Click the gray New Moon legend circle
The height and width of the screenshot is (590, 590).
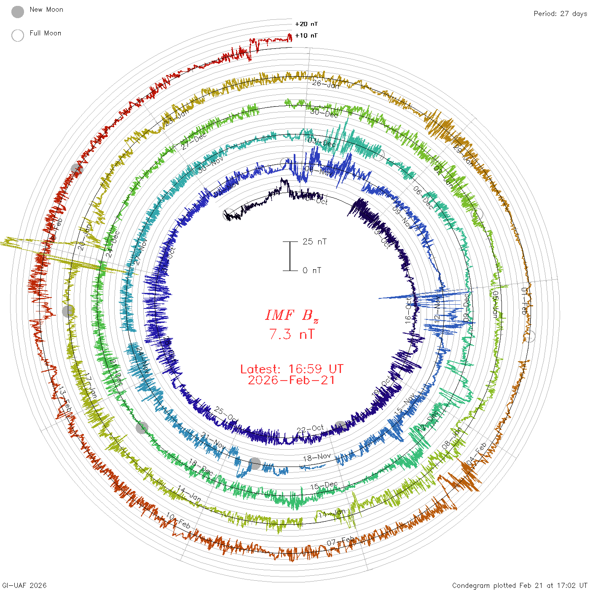pyautogui.click(x=18, y=12)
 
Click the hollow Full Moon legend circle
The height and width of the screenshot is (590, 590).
pyautogui.click(x=18, y=35)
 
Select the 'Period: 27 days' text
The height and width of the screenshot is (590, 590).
pyautogui.click(x=560, y=14)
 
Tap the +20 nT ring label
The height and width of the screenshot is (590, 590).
pyautogui.click(x=306, y=24)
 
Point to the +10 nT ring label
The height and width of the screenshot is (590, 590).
pyautogui.click(x=306, y=35)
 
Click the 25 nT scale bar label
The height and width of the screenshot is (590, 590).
pyautogui.click(x=314, y=241)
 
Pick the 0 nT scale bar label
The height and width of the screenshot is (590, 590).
pyautogui.click(x=312, y=270)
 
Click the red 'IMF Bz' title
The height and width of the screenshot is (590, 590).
pyautogui.click(x=292, y=315)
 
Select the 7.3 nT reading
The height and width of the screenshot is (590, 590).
pyautogui.click(x=292, y=334)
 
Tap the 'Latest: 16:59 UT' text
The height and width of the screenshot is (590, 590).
pyautogui.click(x=292, y=369)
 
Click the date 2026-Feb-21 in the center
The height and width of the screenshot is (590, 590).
pyautogui.click(x=292, y=380)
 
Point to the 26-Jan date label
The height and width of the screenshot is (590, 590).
pyautogui.click(x=326, y=84)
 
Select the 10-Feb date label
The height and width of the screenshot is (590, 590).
pyautogui.click(x=178, y=520)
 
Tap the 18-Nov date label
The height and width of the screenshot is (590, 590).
pyautogui.click(x=317, y=457)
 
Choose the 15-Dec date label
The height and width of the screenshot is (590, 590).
pyautogui.click(x=324, y=486)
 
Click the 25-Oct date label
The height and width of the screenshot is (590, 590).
pyautogui.click(x=226, y=414)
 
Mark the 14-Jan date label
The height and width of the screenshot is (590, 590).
pyautogui.click(x=189, y=493)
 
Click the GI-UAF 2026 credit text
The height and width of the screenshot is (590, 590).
pyautogui.click(x=24, y=585)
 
